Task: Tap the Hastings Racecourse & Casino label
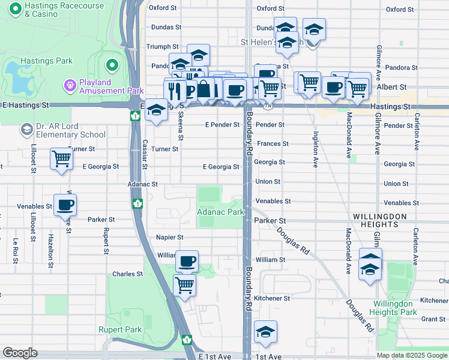[63, 10]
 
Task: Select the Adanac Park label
[220, 212]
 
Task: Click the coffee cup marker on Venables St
[65, 205]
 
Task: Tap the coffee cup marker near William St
[187, 262]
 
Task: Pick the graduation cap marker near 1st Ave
[265, 331]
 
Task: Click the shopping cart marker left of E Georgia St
[62, 160]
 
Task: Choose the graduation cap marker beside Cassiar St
[156, 110]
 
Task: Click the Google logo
[20, 353]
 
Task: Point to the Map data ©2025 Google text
[411, 355]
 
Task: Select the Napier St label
[169, 237]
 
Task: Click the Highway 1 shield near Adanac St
[137, 204]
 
